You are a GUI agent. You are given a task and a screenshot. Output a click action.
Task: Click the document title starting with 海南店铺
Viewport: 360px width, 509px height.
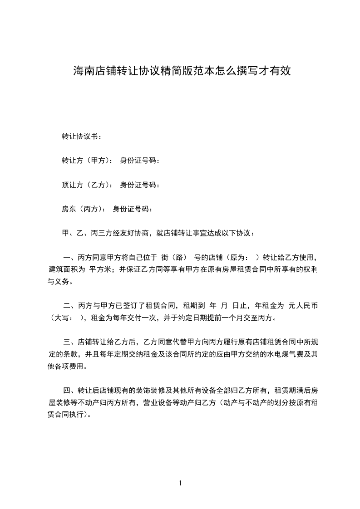click(182, 71)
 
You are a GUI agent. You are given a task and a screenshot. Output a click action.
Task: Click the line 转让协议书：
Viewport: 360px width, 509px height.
click(82, 136)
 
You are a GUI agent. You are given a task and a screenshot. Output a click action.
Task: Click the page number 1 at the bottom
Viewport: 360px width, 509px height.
click(180, 483)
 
